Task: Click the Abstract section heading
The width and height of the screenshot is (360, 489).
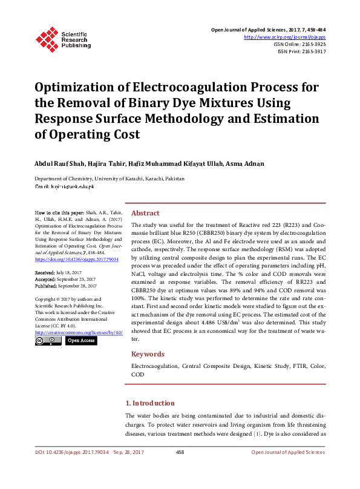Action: coord(145,213)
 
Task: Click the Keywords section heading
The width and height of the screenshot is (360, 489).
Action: coord(148,354)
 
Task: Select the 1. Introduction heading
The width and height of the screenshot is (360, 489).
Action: coord(149,403)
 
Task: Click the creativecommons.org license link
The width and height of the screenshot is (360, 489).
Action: coord(79,332)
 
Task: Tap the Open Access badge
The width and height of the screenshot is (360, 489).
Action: coord(80,341)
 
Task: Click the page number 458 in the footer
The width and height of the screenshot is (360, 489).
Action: coord(180,452)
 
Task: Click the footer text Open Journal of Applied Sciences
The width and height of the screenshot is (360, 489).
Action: coord(287,452)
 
